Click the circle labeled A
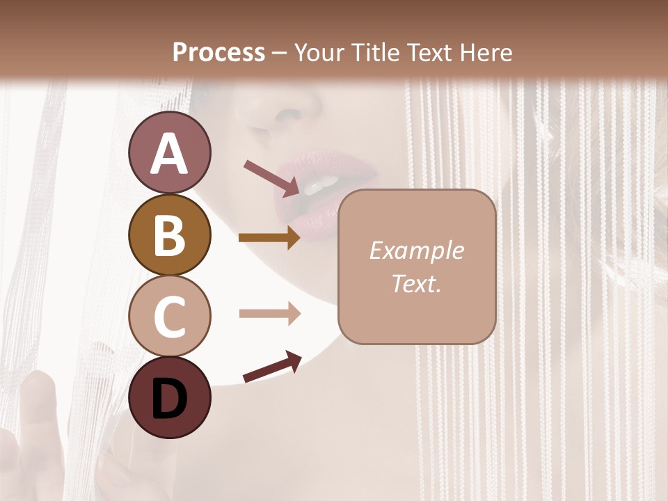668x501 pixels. point(169,153)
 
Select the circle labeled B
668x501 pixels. point(169,235)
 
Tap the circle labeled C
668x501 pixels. point(169,317)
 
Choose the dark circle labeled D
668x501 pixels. point(169,398)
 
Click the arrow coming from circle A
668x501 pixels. point(272,178)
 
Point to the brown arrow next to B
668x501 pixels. point(269,237)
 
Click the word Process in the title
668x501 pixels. point(218,52)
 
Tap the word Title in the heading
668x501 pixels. point(372,52)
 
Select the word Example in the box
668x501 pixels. point(416,250)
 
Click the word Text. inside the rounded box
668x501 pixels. point(416,283)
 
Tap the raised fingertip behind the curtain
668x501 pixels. point(39,383)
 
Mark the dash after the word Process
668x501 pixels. point(280,54)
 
